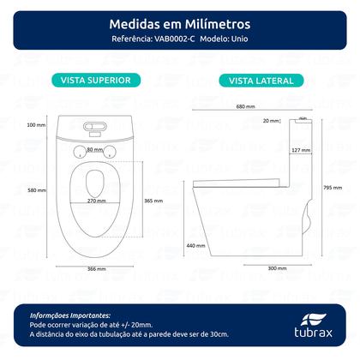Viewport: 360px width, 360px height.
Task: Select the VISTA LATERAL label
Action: (261, 81)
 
